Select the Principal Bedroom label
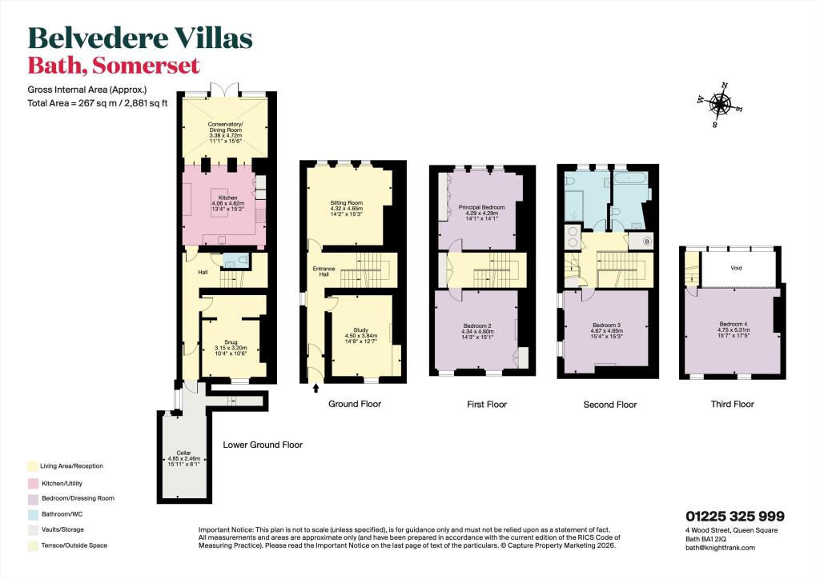tap(479, 208)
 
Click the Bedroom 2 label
tap(477, 325)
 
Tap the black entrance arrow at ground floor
tap(315, 389)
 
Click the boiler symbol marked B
tap(647, 242)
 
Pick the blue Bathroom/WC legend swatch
tap(32, 513)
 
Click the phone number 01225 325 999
tap(734, 517)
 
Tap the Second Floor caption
tap(610, 405)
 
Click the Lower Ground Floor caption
tap(262, 445)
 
